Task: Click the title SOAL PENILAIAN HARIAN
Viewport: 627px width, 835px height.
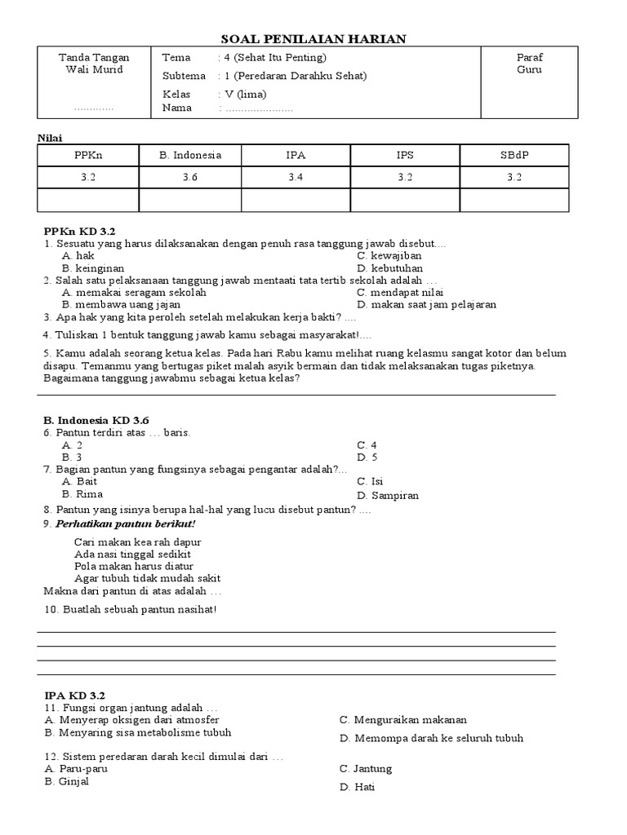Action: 313,38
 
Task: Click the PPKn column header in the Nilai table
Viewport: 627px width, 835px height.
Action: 88,155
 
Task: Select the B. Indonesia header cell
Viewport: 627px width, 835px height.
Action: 190,155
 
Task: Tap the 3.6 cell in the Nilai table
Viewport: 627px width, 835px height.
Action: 190,177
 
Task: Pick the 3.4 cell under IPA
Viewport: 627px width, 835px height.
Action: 296,177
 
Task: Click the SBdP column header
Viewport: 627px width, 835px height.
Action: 514,155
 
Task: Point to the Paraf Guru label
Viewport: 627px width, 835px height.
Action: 529,64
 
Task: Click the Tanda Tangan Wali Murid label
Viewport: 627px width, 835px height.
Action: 94,64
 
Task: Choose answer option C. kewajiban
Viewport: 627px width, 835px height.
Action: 389,256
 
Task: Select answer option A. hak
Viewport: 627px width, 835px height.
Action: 78,256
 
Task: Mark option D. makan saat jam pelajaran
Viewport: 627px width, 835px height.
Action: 426,305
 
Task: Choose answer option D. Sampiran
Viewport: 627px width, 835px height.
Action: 388,495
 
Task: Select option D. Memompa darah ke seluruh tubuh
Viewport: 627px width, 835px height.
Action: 432,738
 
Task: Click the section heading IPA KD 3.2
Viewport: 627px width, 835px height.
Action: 75,696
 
